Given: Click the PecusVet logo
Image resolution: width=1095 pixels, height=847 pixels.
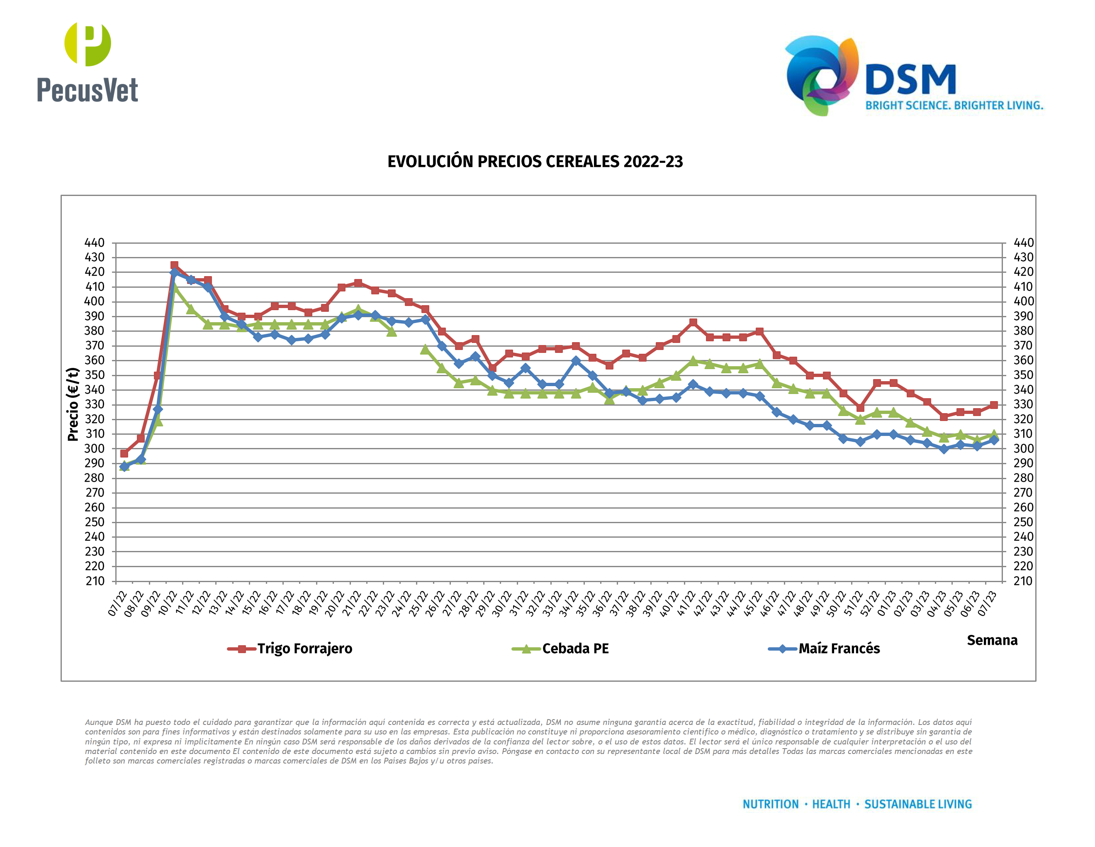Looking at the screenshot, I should pos(87,62).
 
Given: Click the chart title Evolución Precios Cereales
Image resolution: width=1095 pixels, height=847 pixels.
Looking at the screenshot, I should pos(535,162).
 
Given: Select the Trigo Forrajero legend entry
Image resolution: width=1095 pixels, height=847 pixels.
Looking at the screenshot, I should pos(304,649).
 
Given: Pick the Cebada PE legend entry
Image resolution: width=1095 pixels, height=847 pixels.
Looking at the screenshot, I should pos(574,649).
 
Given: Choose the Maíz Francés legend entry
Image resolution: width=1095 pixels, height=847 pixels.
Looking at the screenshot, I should pos(838,649).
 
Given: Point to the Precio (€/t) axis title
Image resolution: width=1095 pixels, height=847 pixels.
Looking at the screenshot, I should pos(73,404).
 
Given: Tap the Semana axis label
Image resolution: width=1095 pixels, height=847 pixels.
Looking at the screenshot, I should pos(992,640).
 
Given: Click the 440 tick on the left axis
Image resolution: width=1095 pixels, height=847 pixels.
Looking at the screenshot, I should pos(95,243).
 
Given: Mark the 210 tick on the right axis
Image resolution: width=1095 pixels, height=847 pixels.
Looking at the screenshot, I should pos(1023,581).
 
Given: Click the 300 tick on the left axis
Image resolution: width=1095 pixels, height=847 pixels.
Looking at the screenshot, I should pos(95,448).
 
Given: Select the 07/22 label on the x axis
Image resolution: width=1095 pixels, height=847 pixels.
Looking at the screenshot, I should pos(118,604).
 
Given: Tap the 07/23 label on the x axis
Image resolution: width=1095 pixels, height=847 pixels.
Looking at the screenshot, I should pos(988,604).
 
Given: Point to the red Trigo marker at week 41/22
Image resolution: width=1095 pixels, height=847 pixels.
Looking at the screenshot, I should pos(693,322).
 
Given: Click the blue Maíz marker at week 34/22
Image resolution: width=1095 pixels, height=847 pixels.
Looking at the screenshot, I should pos(576,361).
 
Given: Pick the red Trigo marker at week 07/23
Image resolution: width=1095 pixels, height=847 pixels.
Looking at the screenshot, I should pos(994,405).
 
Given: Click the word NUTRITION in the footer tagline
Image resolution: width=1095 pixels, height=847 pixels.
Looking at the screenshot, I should pos(770,804).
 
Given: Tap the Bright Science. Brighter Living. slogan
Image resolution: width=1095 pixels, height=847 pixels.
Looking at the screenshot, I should pos(954,106).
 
